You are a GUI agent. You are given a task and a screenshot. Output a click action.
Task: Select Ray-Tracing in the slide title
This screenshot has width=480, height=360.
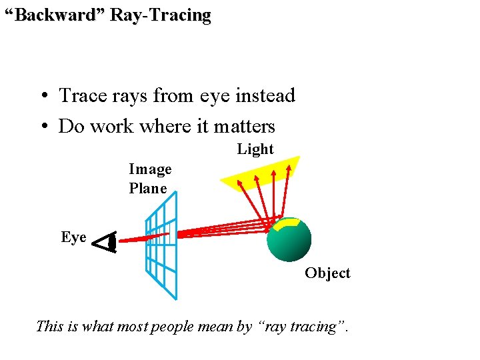coord(161,15)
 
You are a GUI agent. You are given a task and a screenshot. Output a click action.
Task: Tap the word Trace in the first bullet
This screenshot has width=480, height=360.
coord(82,96)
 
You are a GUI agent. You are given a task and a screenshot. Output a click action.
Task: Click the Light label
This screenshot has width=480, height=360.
coord(255,149)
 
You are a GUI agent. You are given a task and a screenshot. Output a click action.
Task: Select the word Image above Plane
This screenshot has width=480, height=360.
coord(150,169)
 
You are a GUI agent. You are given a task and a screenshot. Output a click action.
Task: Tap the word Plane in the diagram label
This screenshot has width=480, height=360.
coord(148,188)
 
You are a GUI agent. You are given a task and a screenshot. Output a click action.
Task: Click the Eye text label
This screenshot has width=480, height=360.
coord(73,237)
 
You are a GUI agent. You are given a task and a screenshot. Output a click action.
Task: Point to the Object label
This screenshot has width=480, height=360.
coord(327,273)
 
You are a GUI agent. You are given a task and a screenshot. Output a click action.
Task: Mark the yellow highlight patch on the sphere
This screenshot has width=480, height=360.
coord(289,225)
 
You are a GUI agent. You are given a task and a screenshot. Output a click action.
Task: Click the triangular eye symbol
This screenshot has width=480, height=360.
coord(105,243)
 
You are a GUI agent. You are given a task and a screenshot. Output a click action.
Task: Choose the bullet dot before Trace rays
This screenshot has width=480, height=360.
coord(42,97)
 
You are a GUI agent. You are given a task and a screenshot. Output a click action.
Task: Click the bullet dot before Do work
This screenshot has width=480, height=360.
coord(42,127)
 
